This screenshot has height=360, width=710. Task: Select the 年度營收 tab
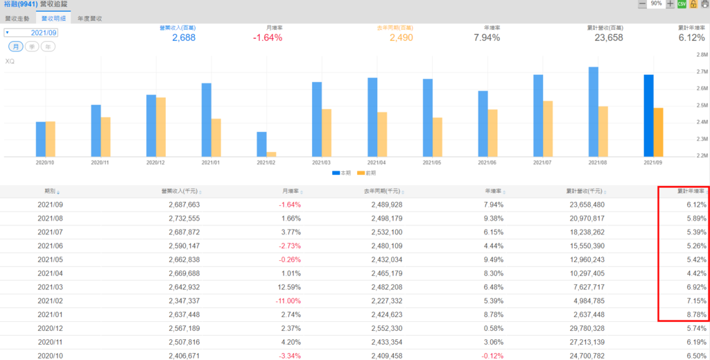click(x=90, y=18)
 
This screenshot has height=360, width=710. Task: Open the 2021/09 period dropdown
click(x=31, y=33)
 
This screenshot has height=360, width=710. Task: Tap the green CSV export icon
click(x=682, y=4)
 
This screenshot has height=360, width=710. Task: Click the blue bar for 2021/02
click(x=261, y=144)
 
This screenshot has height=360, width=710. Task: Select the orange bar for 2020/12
click(x=161, y=126)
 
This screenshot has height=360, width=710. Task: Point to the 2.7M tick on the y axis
click(x=700, y=71)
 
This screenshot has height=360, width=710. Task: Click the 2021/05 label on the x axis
click(x=433, y=162)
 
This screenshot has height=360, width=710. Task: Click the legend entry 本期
click(x=338, y=172)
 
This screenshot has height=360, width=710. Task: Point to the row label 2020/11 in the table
click(x=50, y=341)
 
